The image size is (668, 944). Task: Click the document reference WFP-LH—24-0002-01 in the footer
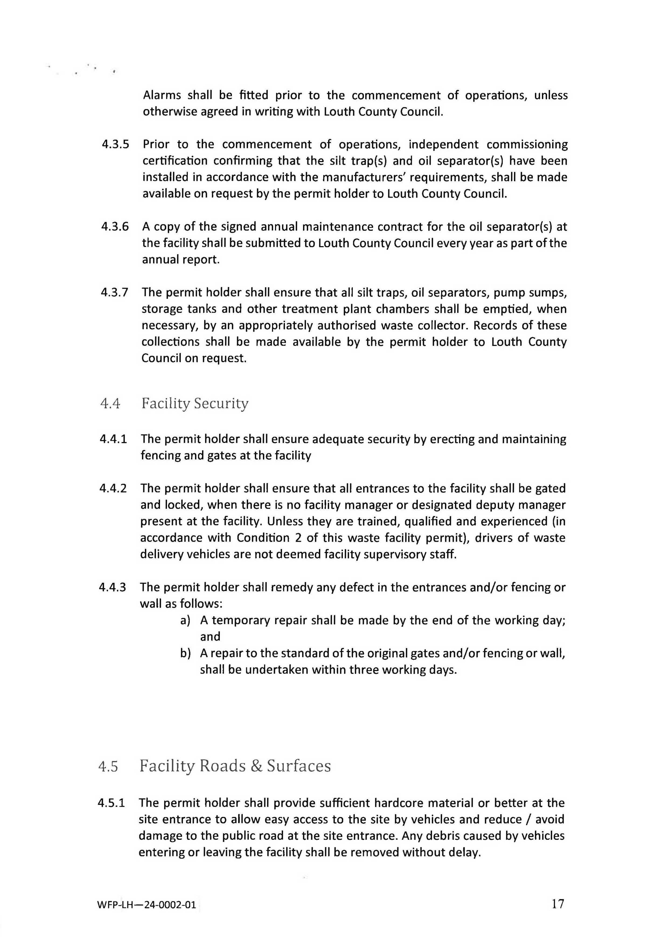point(147,905)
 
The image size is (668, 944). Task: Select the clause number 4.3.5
point(115,144)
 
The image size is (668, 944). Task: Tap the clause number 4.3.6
point(115,226)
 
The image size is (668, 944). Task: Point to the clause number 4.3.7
point(114,292)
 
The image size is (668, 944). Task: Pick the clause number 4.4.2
point(113,488)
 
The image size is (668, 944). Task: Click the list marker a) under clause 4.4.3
point(185,620)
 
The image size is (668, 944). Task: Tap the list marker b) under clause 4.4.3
point(185,653)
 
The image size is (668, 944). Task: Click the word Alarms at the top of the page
point(162,95)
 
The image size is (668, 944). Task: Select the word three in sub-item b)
point(364,670)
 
